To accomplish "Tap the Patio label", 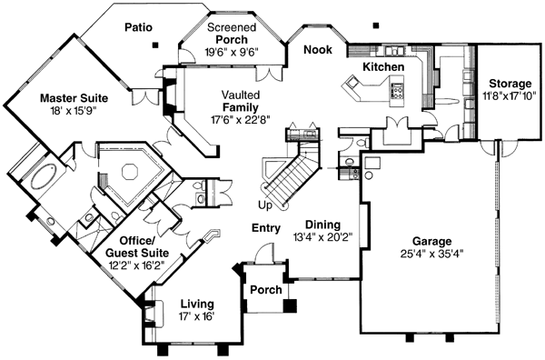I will coord(142,27).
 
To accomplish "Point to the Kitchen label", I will coord(383,67).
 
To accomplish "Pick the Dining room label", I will coord(322,223).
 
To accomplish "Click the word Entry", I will coord(266,229).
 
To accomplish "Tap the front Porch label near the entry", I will coord(264,290).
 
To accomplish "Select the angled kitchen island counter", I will coord(362,89).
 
